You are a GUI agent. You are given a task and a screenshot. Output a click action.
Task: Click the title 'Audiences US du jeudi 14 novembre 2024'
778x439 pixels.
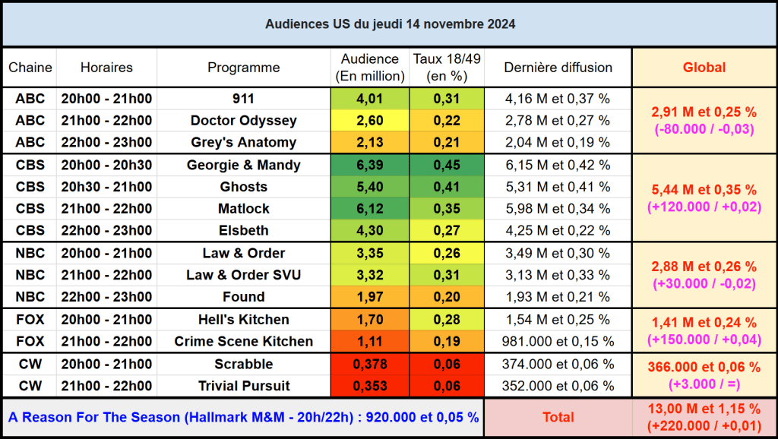coord(390,24)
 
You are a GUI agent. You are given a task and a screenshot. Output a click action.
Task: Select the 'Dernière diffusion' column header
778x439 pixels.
coord(558,68)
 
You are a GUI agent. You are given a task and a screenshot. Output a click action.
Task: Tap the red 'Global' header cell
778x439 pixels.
coord(704,68)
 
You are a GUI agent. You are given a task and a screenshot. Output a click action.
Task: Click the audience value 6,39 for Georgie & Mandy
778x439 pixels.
coord(370,166)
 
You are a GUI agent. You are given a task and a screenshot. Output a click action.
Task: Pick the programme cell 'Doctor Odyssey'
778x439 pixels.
coord(243,121)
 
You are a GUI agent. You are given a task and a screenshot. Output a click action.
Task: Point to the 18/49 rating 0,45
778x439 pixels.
coord(448,166)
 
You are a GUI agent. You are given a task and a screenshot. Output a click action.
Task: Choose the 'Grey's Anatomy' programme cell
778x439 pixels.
coord(243,142)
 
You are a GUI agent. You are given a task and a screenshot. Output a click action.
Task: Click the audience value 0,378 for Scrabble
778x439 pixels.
coord(370,365)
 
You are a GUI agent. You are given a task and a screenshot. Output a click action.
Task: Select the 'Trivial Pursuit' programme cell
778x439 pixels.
coord(243,386)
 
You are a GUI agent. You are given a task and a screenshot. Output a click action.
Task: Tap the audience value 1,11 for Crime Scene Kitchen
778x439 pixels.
coord(370,342)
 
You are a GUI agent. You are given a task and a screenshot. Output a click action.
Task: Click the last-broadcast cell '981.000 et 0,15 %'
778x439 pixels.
coord(558,342)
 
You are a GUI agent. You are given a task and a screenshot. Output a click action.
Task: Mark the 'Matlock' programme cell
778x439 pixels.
coord(243,209)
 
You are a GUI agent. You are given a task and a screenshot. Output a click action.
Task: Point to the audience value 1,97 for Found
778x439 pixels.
coord(370,297)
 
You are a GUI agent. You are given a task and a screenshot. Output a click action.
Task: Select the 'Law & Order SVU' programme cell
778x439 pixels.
coord(243,275)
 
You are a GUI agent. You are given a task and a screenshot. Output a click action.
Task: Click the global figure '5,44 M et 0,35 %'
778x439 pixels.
coord(704,190)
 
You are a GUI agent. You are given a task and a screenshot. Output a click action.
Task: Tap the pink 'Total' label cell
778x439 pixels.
coord(558,417)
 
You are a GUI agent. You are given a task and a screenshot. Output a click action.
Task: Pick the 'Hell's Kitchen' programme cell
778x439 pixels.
coord(243,320)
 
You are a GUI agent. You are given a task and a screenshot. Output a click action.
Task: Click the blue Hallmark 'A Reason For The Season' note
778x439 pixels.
coord(243,417)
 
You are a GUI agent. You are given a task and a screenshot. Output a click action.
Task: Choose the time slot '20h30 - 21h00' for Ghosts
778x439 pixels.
coord(106,187)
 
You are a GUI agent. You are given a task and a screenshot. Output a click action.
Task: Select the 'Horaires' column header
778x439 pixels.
coord(106,68)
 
